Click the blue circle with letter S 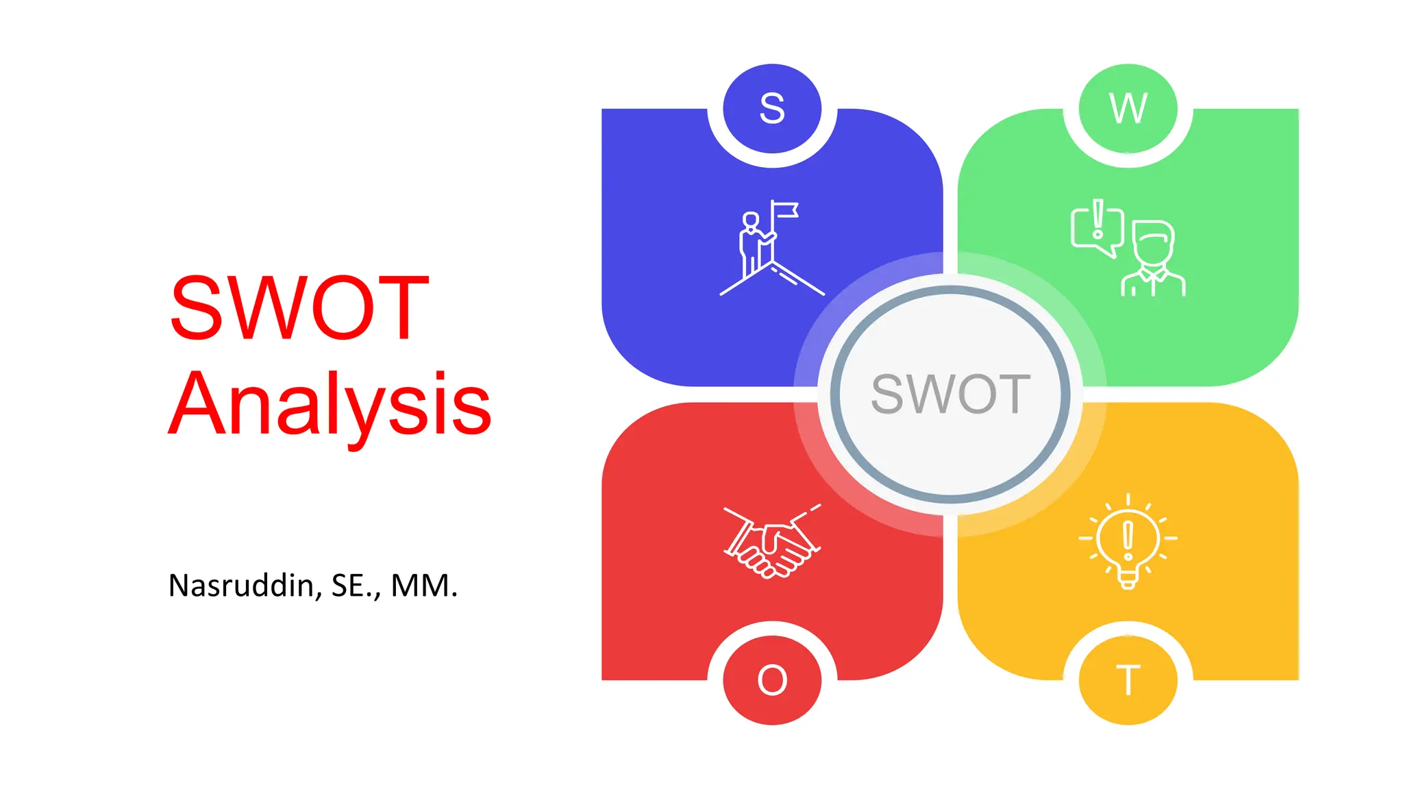click(x=772, y=108)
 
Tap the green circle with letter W click(x=1128, y=108)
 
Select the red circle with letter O click(x=772, y=679)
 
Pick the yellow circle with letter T click(x=1128, y=679)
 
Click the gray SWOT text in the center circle click(x=950, y=394)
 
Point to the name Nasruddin click(x=240, y=586)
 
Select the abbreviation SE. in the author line click(x=354, y=586)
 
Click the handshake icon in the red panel click(x=772, y=542)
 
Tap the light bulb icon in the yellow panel click(x=1128, y=541)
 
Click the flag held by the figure click(x=786, y=209)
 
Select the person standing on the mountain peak click(x=752, y=243)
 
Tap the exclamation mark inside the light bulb click(x=1128, y=538)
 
